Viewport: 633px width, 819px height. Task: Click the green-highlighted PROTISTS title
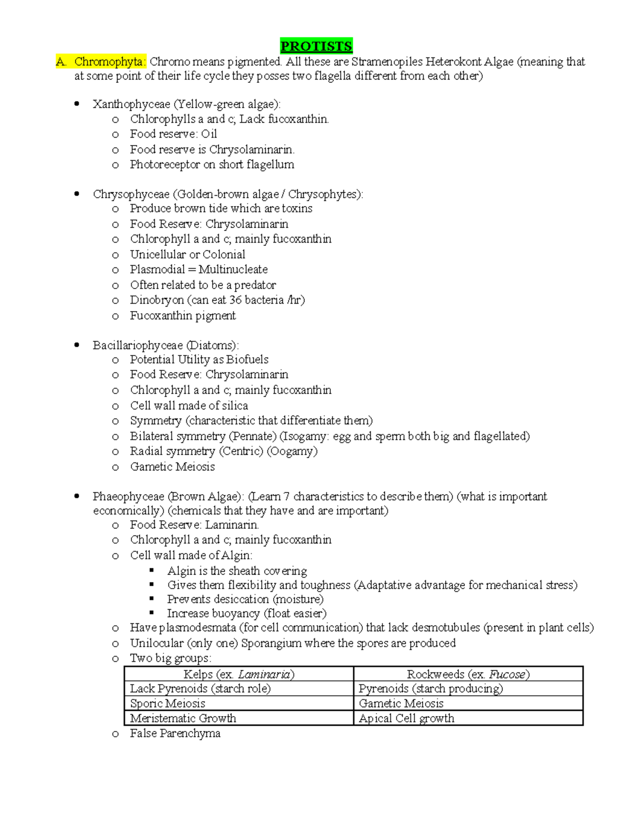point(316,46)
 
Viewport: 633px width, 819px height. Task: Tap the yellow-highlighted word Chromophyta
point(108,62)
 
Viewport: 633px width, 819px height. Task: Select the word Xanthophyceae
point(131,104)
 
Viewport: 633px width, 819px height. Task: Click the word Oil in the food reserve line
point(209,134)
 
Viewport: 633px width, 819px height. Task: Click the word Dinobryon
point(157,300)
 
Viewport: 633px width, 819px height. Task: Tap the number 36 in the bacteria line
point(235,300)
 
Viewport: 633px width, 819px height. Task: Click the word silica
point(234,406)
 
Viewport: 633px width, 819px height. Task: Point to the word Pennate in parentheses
point(253,436)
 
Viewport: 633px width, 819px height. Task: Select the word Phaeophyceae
point(128,497)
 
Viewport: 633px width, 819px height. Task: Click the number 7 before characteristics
point(286,497)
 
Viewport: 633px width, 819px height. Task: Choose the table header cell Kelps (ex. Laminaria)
point(238,675)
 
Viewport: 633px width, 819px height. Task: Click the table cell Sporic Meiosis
point(167,704)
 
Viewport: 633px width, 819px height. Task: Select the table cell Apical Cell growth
point(406,718)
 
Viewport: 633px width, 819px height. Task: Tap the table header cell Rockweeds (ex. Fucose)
point(468,675)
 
